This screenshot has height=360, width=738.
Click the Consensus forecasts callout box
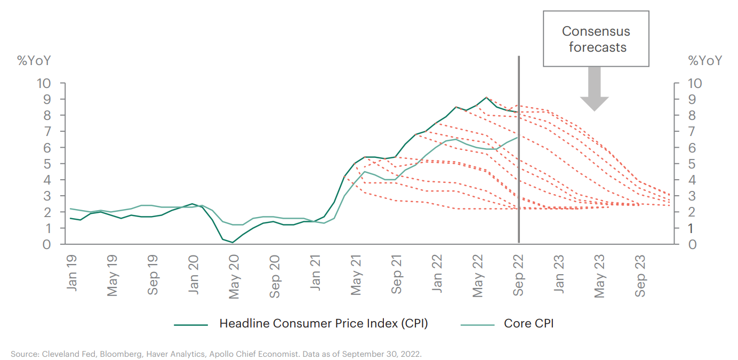coord(596,39)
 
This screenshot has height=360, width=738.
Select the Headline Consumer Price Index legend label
coord(324,323)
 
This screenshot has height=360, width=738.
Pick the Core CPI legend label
coord(528,323)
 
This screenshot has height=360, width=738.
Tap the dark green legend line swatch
coord(190,324)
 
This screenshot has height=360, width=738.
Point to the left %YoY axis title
coord(35,60)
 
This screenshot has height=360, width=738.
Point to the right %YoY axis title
coord(705,60)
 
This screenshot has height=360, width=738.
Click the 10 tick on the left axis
coord(44,83)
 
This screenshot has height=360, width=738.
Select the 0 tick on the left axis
coord(47,244)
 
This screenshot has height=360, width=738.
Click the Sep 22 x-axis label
coord(518,275)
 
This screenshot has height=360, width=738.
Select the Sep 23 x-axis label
coord(640,275)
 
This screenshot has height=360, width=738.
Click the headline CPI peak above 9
coord(486,98)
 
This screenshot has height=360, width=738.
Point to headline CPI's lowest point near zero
coord(232,243)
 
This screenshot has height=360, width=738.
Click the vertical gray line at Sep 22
coord(518,160)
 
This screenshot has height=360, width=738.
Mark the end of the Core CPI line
coord(517,138)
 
